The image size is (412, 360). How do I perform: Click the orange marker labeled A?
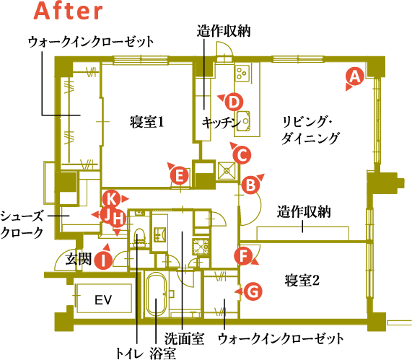pyautogui.click(x=355, y=76)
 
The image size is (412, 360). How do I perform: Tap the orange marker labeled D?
pyautogui.click(x=234, y=102)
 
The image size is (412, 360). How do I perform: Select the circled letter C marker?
pyautogui.click(x=242, y=155)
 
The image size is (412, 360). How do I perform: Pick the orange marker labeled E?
pyautogui.click(x=179, y=175)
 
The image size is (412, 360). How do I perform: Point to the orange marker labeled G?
pyautogui.click(x=253, y=291)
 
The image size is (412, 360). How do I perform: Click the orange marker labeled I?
pyautogui.click(x=103, y=260)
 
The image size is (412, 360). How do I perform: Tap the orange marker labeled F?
pyautogui.click(x=244, y=255)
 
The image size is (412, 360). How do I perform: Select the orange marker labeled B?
pyautogui.click(x=250, y=185)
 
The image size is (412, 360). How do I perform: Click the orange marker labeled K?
pyautogui.click(x=112, y=199)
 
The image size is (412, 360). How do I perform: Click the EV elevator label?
pyautogui.click(x=103, y=299)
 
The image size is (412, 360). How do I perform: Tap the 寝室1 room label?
pyautogui.click(x=146, y=122)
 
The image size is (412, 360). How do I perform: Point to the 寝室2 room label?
pyautogui.click(x=302, y=280)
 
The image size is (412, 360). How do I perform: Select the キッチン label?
pyautogui.click(x=222, y=123)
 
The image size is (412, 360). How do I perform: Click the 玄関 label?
pyautogui.click(x=79, y=258)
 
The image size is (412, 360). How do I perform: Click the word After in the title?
pyautogui.click(x=68, y=11)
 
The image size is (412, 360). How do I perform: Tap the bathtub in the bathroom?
pyautogui.click(x=156, y=295)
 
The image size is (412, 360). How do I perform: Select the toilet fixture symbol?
pyautogui.click(x=139, y=236)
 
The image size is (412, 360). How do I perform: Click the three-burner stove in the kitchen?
pyautogui.click(x=242, y=73)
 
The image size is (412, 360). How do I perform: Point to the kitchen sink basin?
pyautogui.click(x=243, y=121)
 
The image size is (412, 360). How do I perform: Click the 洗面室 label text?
pyautogui.click(x=184, y=338)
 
